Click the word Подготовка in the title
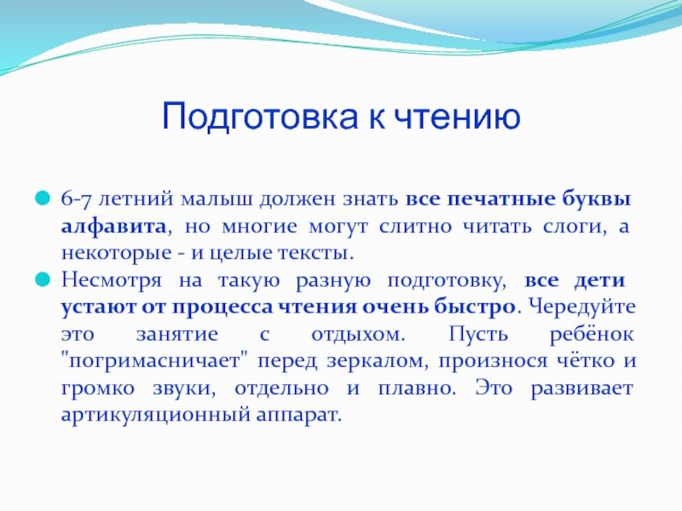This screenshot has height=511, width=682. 260,117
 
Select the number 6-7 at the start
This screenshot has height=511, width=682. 76,199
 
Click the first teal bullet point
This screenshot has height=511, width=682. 43,198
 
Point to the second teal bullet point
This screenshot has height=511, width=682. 43,279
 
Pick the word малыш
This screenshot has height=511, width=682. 217,199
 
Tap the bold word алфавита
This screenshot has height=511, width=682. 113,227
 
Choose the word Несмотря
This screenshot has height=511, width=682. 112,281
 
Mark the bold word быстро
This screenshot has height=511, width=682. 474,307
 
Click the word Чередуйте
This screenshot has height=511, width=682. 582,307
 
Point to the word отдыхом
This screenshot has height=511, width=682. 358,335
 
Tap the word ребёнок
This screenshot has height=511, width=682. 592,334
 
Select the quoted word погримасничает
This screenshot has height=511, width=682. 154,361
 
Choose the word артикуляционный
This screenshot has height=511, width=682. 156,416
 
